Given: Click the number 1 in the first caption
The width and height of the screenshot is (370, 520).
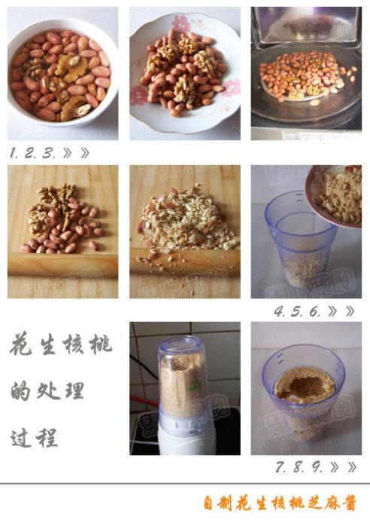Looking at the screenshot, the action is (x=14, y=153).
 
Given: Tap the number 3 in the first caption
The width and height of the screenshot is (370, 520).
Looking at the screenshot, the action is (x=48, y=153).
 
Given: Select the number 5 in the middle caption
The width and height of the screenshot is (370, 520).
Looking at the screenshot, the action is (x=296, y=311).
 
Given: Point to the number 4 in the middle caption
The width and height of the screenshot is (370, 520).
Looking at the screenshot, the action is (x=280, y=311).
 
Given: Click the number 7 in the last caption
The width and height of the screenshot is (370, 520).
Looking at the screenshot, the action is (x=281, y=467).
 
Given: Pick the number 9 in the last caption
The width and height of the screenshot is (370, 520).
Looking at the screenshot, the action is (x=317, y=467).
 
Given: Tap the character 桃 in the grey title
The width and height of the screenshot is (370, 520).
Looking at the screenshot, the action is (x=100, y=344).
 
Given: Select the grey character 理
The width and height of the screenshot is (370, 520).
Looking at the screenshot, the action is (x=74, y=390).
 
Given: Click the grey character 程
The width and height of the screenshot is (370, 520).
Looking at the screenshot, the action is (x=47, y=438).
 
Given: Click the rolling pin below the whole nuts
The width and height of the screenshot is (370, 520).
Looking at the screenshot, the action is (x=62, y=265).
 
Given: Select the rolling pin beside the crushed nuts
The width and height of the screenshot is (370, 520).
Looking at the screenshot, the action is (x=185, y=263).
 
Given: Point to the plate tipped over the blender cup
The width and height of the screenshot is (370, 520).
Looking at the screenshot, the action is (x=335, y=196).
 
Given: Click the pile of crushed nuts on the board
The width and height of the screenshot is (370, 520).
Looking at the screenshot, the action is (x=187, y=220).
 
